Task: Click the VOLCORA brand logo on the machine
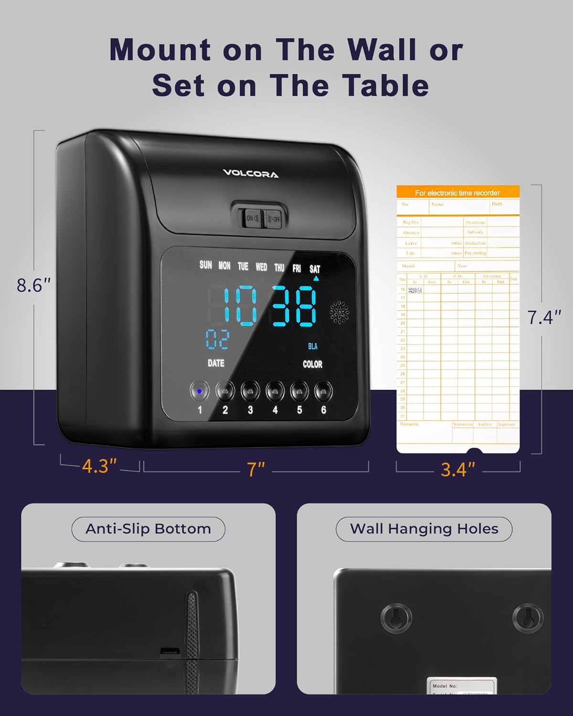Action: tap(251, 174)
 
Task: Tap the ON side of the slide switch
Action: tap(252, 219)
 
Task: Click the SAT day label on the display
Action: tap(315, 269)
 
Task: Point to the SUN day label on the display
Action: tap(206, 265)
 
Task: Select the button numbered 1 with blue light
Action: tap(200, 392)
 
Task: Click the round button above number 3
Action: tap(250, 392)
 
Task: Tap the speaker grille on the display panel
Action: tap(339, 312)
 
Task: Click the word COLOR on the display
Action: tap(312, 364)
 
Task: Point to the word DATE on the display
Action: tap(216, 363)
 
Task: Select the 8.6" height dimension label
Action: tap(33, 285)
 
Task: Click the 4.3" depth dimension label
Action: tap(99, 466)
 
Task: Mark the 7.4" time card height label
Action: tap(544, 317)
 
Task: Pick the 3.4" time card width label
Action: tap(458, 470)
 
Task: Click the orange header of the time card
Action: tap(457, 192)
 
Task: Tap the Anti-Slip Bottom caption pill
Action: tap(148, 529)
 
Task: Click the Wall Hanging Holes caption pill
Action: tap(424, 529)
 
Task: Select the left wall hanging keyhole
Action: tap(396, 618)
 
